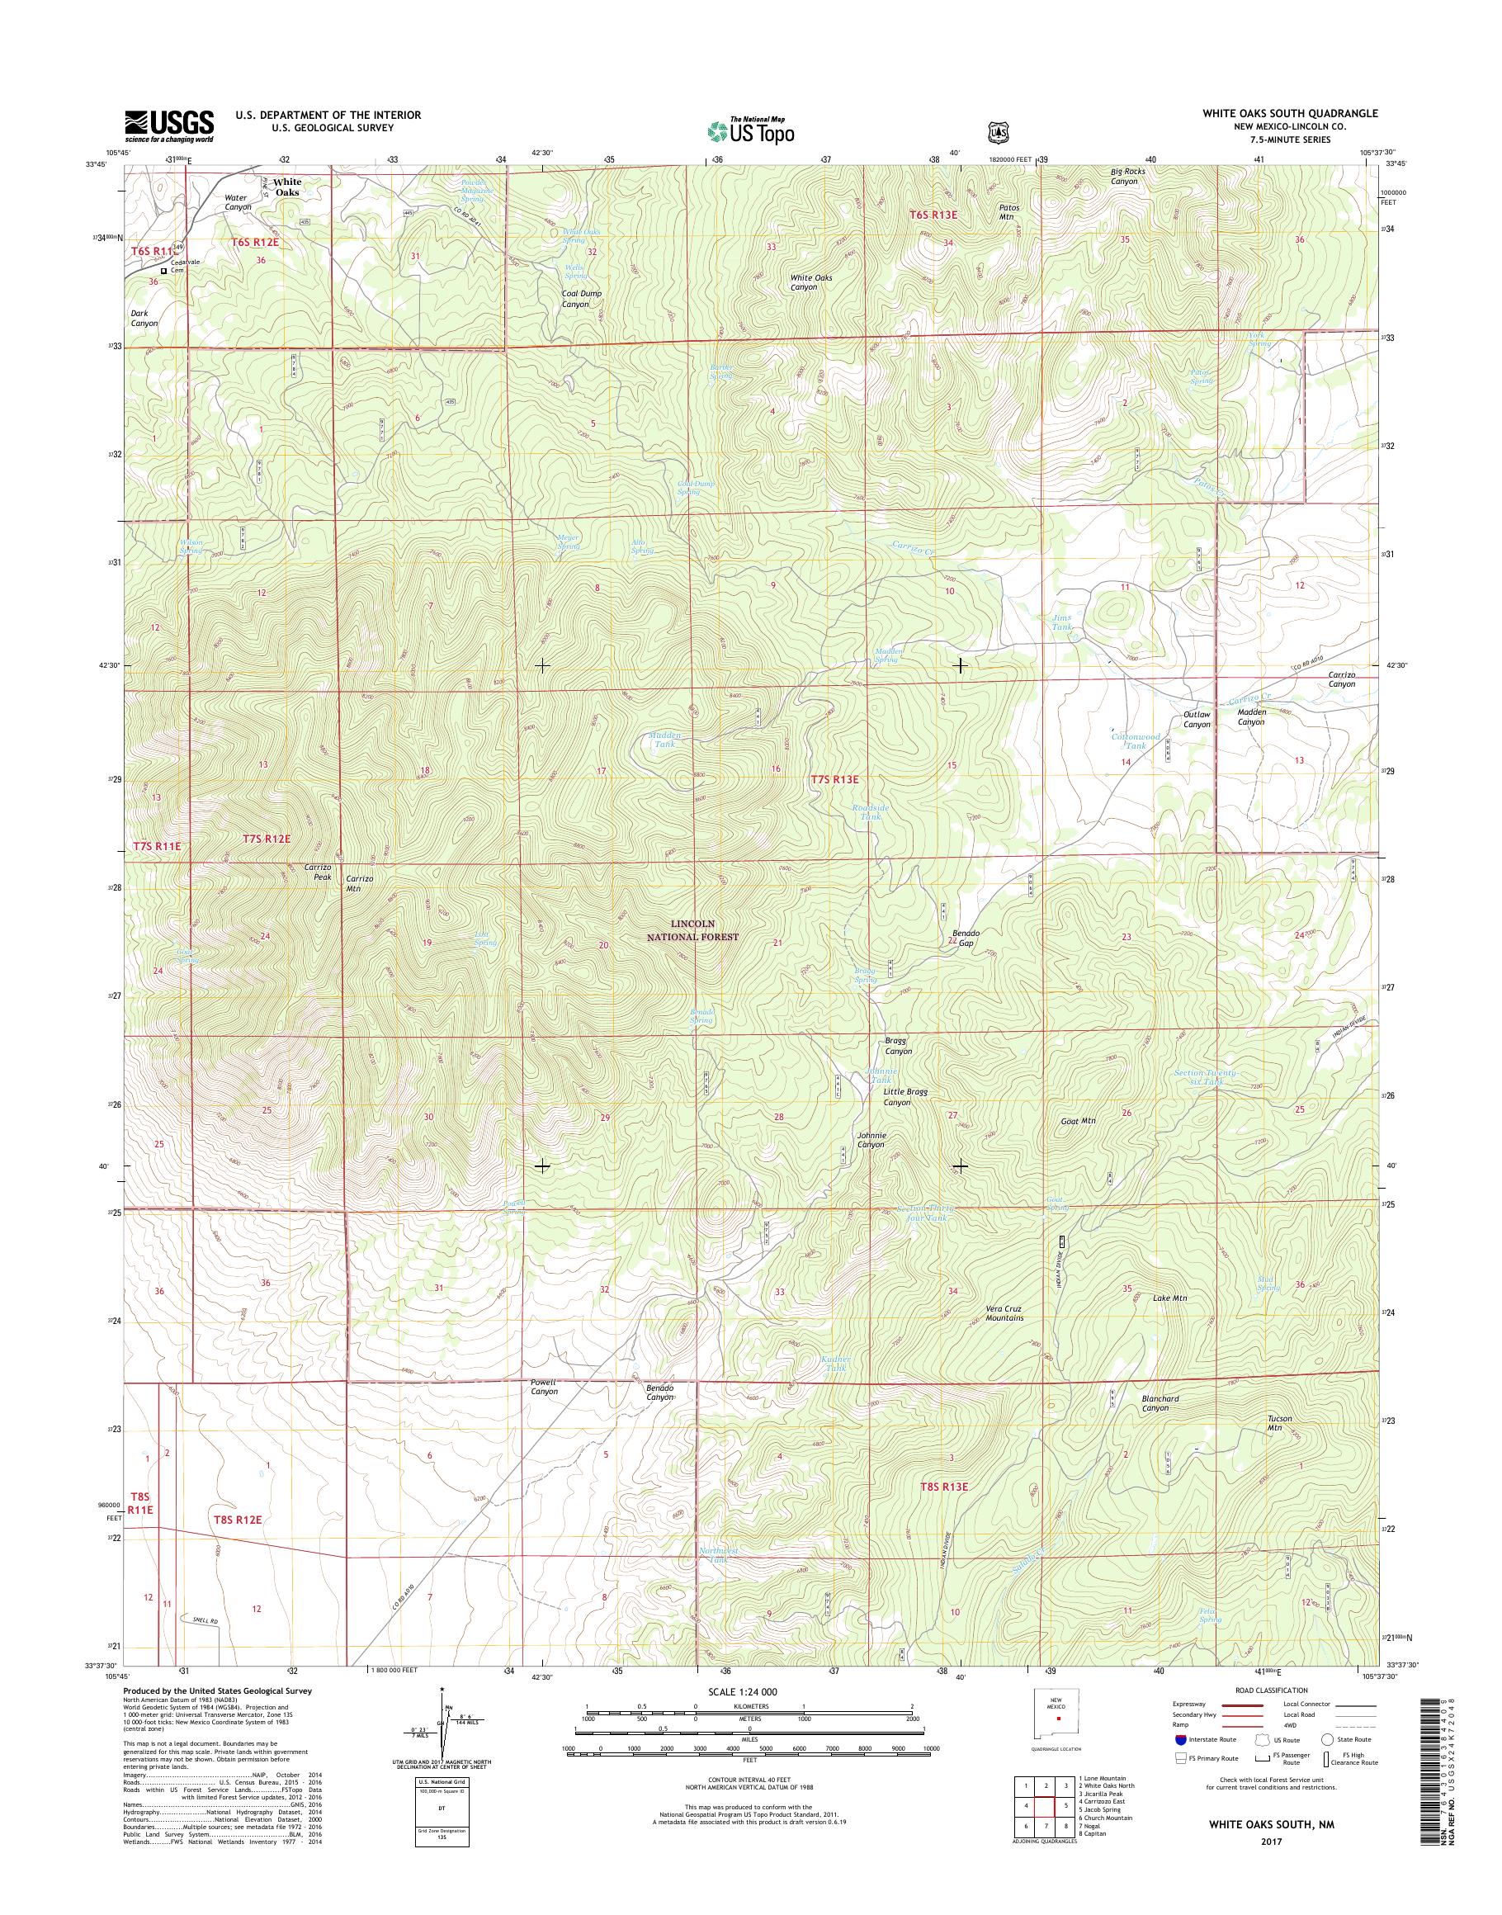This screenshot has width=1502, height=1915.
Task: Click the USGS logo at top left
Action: pos(170,126)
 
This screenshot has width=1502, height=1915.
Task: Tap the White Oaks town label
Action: pos(286,187)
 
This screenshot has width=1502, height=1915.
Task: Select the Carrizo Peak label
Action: pos(318,872)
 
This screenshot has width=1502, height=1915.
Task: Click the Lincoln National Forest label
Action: pos(706,930)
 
